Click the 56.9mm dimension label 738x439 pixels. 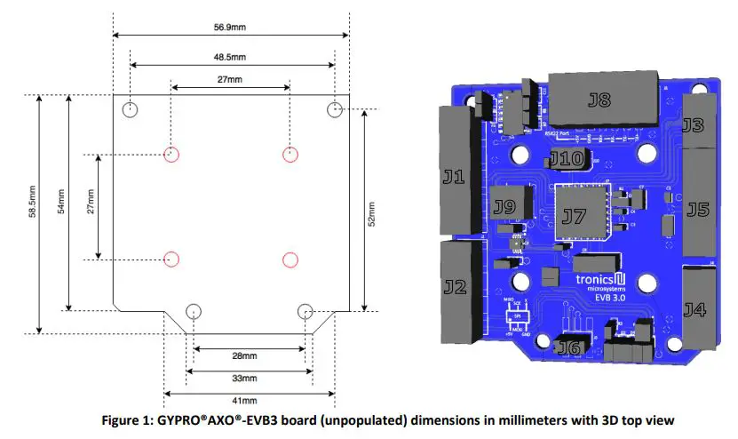231,28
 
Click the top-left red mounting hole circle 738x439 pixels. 172,154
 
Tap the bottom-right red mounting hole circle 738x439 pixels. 290,259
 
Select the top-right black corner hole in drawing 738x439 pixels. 335,109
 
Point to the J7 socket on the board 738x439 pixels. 574,215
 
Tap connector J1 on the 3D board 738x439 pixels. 455,177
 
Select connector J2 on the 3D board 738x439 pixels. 455,287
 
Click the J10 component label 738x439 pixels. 566,160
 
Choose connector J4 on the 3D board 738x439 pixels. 696,309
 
